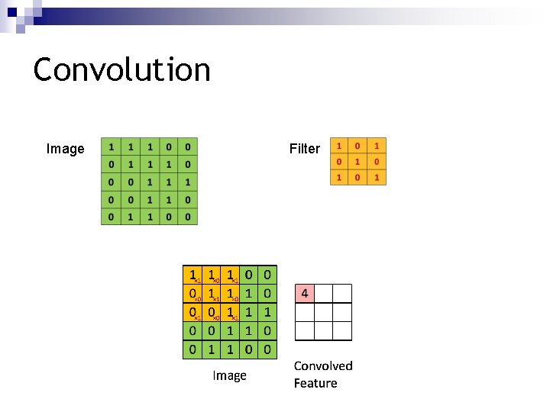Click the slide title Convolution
tap(122, 69)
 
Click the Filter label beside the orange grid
tap(305, 149)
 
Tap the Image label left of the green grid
tap(66, 149)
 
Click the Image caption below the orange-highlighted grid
tap(229, 375)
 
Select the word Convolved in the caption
tap(323, 366)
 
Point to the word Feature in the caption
tap(315, 383)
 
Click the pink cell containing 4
tap(305, 294)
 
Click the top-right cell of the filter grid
tap(377, 145)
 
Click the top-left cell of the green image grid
tap(112, 146)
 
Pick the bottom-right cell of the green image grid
tap(187, 217)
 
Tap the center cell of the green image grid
tap(150, 182)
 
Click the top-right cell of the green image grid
tap(187, 146)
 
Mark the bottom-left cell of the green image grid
tap(112, 217)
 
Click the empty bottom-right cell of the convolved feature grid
tap(342, 330)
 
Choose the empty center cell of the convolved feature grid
tap(323, 312)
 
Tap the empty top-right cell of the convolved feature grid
tap(342, 294)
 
